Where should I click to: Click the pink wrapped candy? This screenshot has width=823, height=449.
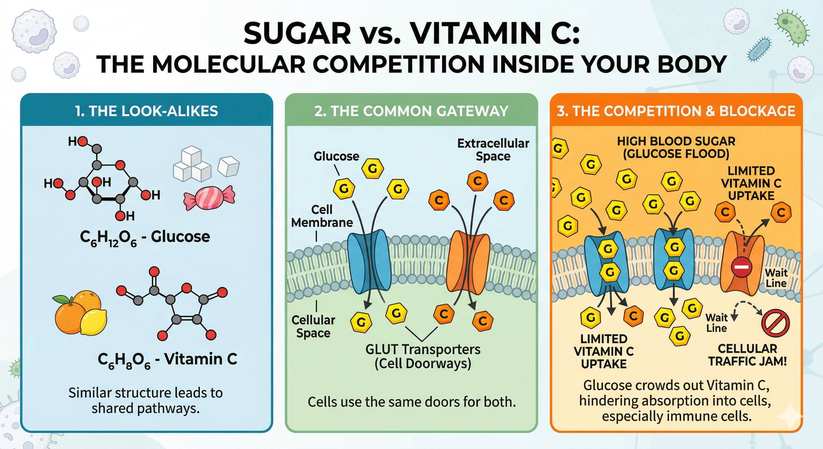click(209, 198)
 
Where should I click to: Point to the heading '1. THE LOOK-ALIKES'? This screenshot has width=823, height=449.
click(147, 111)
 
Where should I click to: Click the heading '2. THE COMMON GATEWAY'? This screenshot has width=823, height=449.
click(411, 111)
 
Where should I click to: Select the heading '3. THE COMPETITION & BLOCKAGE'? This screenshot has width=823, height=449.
click(676, 111)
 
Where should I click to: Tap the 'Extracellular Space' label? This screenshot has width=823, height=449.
click(493, 150)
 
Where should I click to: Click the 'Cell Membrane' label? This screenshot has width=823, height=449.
click(322, 216)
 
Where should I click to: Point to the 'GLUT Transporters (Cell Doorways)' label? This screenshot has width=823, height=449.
click(423, 356)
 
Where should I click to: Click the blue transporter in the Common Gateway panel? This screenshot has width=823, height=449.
click(369, 261)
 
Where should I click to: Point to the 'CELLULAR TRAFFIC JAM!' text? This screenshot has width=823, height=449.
click(747, 355)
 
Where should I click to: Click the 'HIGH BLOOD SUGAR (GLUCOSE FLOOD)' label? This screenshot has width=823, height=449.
click(676, 147)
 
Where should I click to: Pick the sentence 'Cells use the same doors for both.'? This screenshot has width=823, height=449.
click(411, 402)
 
